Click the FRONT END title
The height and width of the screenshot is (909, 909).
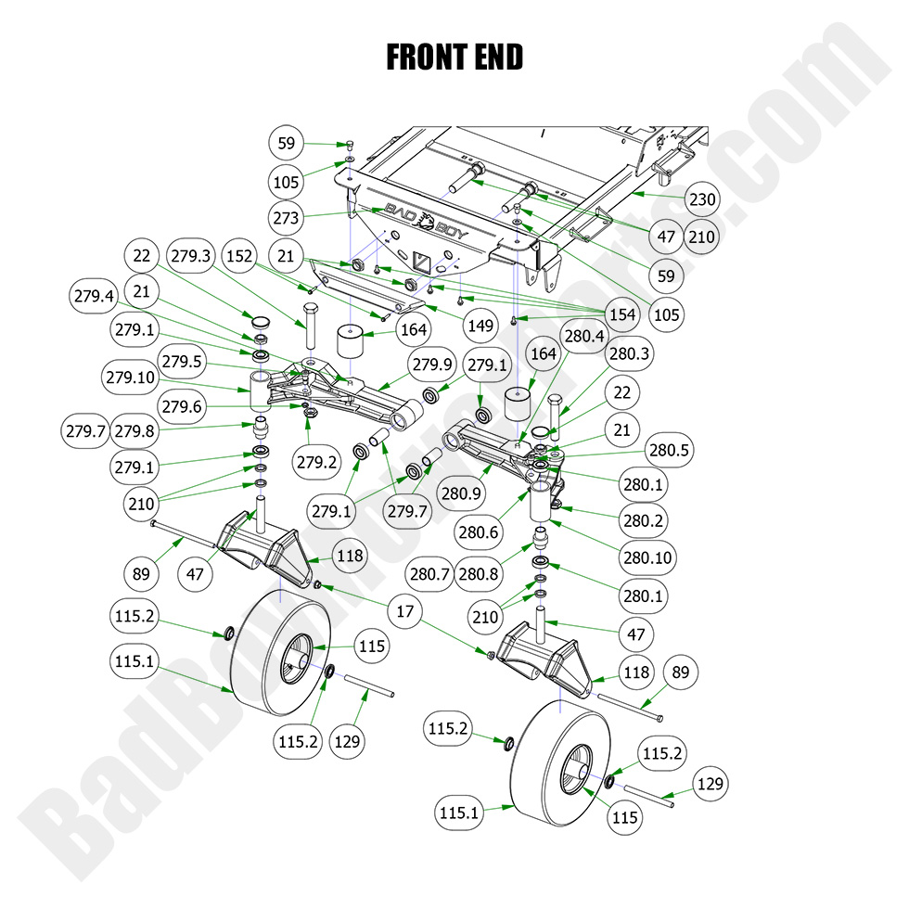[x=454, y=57]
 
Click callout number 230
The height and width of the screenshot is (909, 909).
[x=702, y=199]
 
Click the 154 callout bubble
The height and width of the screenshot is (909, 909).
[x=621, y=314]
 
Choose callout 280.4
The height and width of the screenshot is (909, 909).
[x=583, y=335]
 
